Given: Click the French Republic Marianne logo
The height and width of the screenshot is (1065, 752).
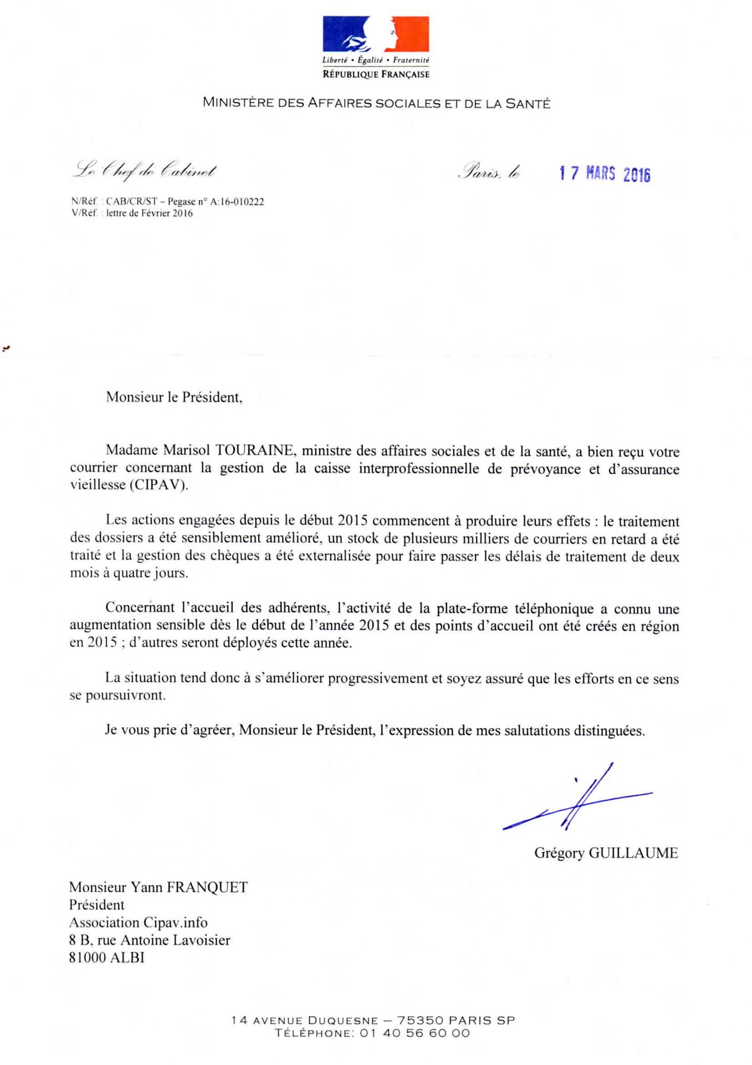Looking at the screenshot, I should pos(376,34).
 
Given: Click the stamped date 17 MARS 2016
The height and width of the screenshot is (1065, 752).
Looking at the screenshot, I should pos(605,174).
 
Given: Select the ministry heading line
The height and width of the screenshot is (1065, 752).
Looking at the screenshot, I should pos(376,103).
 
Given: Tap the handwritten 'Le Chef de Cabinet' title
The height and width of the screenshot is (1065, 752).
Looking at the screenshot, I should pos(145,170).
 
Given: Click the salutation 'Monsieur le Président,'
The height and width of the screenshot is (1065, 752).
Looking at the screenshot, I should pos(174,397).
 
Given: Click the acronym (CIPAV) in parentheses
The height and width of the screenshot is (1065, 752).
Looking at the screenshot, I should pos(159,485).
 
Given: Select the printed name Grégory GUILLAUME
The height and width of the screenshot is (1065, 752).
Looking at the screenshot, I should pos(606,853).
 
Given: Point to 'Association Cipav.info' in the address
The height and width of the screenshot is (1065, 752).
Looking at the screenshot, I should pos(138,922).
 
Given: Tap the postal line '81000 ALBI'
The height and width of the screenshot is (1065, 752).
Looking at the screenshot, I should pos(106,957).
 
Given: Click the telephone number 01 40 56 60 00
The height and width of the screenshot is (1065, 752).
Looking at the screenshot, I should pos(415,1033).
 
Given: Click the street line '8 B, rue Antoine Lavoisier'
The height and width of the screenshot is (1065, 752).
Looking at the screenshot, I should pos(150,940).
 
